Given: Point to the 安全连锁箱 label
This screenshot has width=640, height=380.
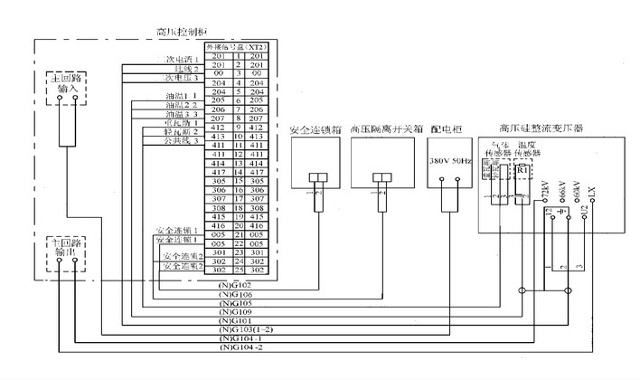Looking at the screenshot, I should (316, 130).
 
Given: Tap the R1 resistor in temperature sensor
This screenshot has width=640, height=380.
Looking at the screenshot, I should (523, 169).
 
